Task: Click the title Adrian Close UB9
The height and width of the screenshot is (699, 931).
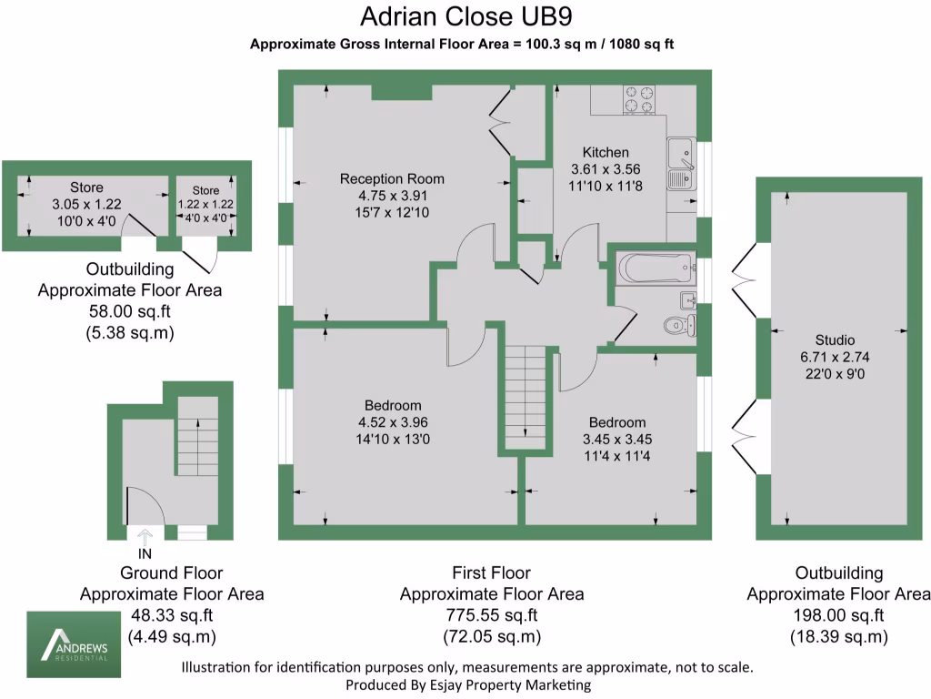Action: (467, 17)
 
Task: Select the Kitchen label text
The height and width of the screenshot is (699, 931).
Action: (606, 153)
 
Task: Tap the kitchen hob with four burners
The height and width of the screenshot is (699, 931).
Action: (639, 99)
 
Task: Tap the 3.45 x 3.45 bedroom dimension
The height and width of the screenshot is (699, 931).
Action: (617, 439)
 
